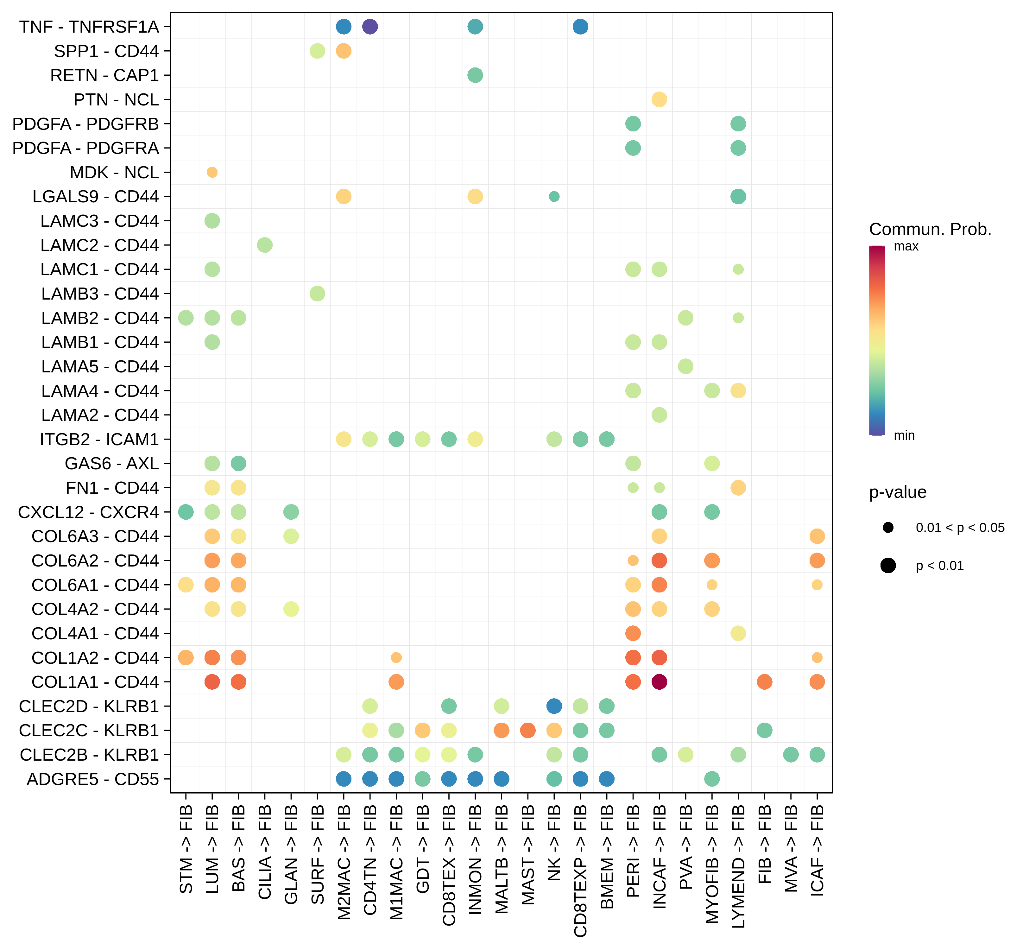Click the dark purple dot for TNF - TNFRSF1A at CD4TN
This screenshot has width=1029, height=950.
(x=370, y=26)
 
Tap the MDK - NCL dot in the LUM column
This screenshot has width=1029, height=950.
(x=212, y=172)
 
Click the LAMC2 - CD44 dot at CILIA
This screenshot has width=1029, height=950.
(x=265, y=245)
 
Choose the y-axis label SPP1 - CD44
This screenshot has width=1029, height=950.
(x=106, y=51)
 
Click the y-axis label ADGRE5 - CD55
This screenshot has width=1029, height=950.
(x=92, y=779)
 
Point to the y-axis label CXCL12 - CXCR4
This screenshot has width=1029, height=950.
(x=88, y=512)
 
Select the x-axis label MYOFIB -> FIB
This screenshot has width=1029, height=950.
(x=712, y=864)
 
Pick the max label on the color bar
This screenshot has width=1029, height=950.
(x=906, y=246)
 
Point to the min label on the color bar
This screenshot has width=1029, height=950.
(x=904, y=435)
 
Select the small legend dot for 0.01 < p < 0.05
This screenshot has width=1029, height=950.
(x=888, y=528)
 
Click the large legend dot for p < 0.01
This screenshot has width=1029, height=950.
(x=888, y=566)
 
